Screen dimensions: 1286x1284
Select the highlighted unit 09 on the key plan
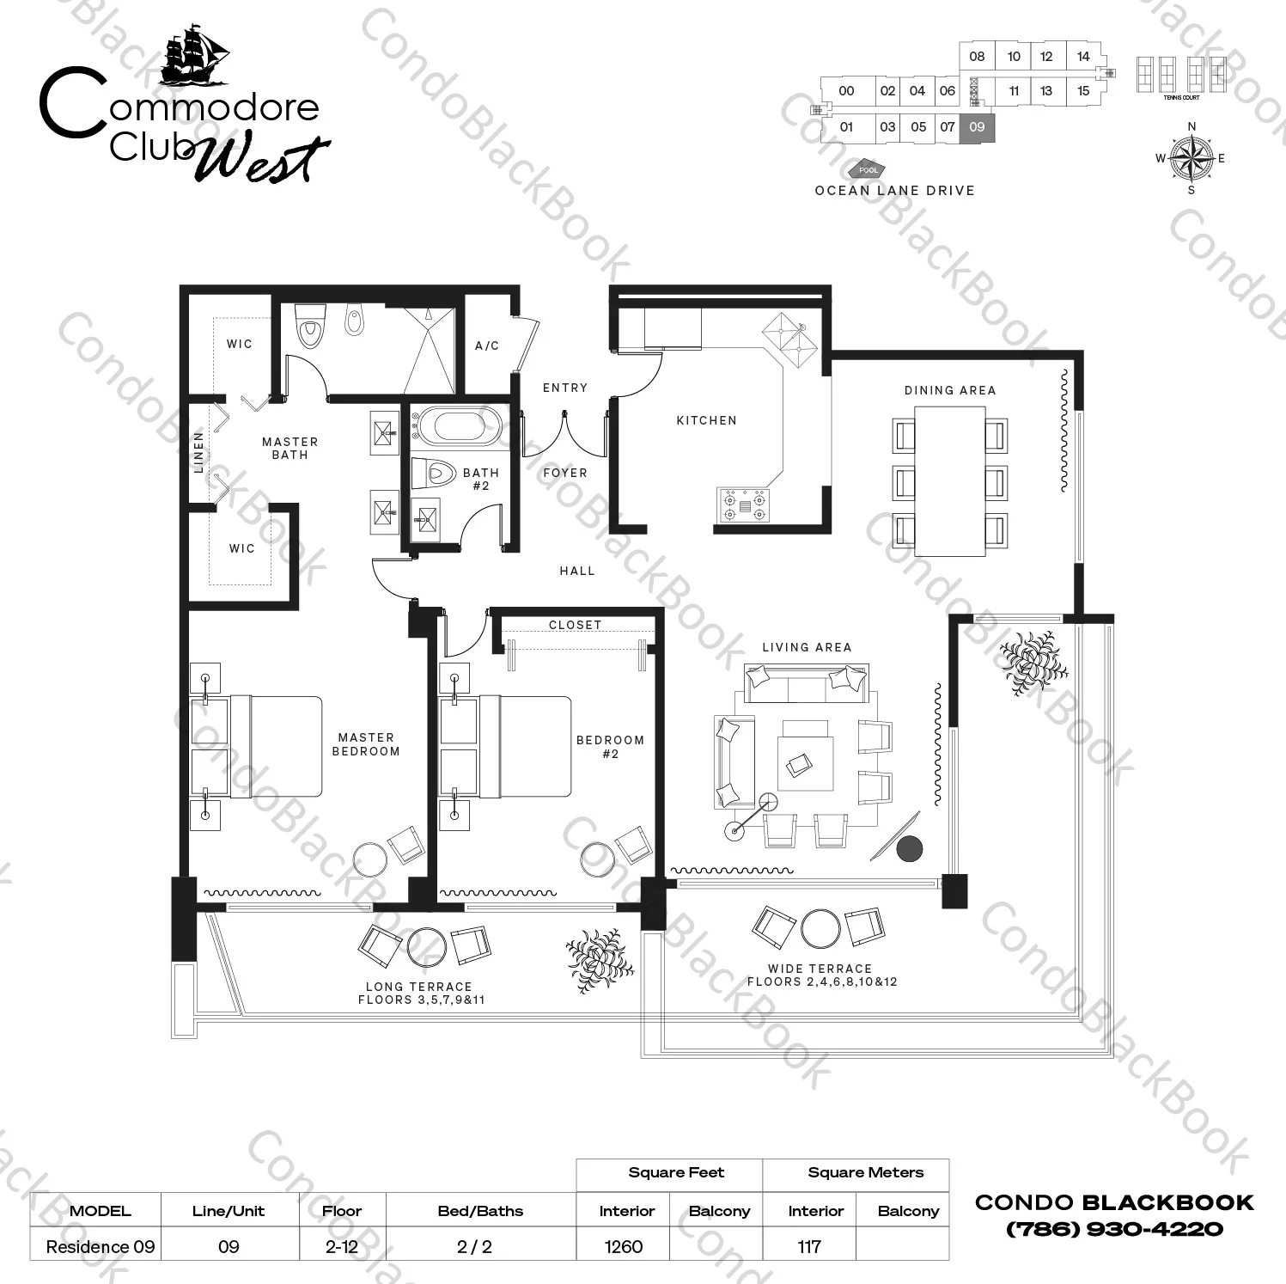977,127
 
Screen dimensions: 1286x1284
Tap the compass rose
1192,158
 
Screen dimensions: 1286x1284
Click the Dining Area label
949,390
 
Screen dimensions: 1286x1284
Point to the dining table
949,481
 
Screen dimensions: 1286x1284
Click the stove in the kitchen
744,504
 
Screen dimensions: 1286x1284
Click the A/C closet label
487,345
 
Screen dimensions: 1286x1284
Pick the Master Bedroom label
366,744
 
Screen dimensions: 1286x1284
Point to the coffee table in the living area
805,761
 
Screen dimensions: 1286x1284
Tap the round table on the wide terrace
820,928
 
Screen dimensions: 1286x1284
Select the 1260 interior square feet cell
623,1246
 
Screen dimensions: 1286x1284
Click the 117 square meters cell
809,1246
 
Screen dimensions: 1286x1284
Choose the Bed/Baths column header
480,1211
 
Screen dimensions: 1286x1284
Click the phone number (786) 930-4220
1114,1229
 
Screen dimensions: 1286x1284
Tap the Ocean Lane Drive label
895,191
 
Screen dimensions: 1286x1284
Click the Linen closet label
199,452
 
